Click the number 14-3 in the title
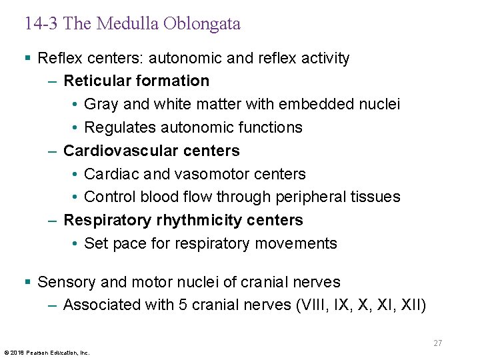point(41,24)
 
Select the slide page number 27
point(437,343)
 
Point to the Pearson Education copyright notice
point(47,352)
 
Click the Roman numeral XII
point(409,305)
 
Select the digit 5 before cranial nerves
point(183,305)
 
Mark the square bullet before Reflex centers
point(27,59)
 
